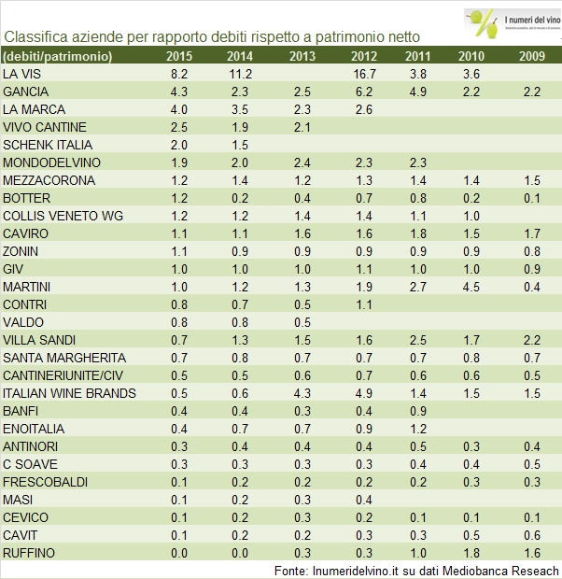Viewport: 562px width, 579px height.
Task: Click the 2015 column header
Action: point(179,56)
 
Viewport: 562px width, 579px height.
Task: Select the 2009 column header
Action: point(531,56)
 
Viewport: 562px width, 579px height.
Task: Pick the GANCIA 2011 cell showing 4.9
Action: point(417,92)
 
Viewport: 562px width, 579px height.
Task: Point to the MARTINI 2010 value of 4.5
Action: point(471,286)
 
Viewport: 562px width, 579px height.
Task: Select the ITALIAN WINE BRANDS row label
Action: point(70,393)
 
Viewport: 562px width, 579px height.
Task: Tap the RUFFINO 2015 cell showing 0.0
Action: point(179,553)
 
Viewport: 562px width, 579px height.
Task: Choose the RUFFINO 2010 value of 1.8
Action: point(471,553)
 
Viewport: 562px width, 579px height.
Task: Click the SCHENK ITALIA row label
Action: point(48,145)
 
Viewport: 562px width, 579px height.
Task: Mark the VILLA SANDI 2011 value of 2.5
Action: point(417,340)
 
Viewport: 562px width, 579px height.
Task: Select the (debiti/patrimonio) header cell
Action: point(58,56)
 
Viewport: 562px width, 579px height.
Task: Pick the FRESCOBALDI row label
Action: point(45,482)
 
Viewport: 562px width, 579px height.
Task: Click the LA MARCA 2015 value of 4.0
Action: point(179,109)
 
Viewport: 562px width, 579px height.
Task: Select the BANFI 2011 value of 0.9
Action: point(417,411)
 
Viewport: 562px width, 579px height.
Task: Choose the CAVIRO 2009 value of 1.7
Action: point(531,233)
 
